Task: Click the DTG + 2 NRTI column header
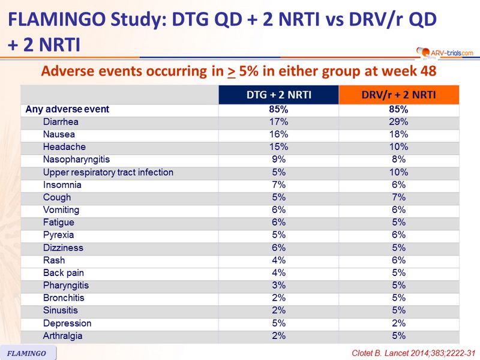point(278,95)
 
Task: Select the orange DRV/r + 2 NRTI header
point(398,95)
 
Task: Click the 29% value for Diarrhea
point(398,122)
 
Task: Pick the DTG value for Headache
point(278,147)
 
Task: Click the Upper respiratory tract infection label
point(108,172)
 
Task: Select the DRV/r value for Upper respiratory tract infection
point(398,172)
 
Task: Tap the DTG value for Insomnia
point(278,185)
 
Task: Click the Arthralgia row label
point(62,336)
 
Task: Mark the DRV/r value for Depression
point(398,323)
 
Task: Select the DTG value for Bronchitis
point(278,298)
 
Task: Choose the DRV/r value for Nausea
point(398,134)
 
